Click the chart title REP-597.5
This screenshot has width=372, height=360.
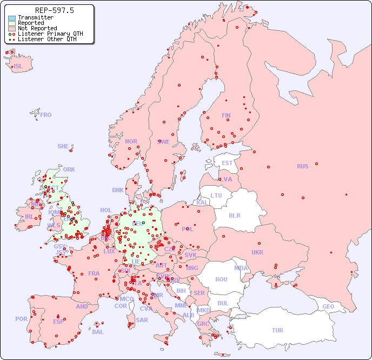pos(54,10)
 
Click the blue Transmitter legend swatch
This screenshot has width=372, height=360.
pos(12,18)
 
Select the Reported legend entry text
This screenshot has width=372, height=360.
pos(31,23)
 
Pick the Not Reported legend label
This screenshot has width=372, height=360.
pos(37,29)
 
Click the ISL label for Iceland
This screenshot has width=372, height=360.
pos(18,67)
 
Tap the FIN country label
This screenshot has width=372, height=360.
pos(226,115)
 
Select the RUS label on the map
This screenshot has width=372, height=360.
pos(302,166)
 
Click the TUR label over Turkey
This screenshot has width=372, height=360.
pos(277,330)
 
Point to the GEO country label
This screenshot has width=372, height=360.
pos(328,306)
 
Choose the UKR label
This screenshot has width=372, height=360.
pos(257,252)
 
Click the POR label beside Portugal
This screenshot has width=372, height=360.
pos(21,319)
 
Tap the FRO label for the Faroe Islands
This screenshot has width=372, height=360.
pos(46,115)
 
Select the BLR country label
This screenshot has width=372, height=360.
pos(234,215)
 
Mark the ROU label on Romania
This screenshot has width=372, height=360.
pos(221,279)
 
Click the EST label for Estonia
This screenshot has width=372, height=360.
pos(227,163)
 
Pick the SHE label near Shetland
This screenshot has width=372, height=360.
pos(63,146)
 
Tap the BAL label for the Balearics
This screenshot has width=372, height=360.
pos(97,332)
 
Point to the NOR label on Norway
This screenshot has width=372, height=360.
pos(131,141)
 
